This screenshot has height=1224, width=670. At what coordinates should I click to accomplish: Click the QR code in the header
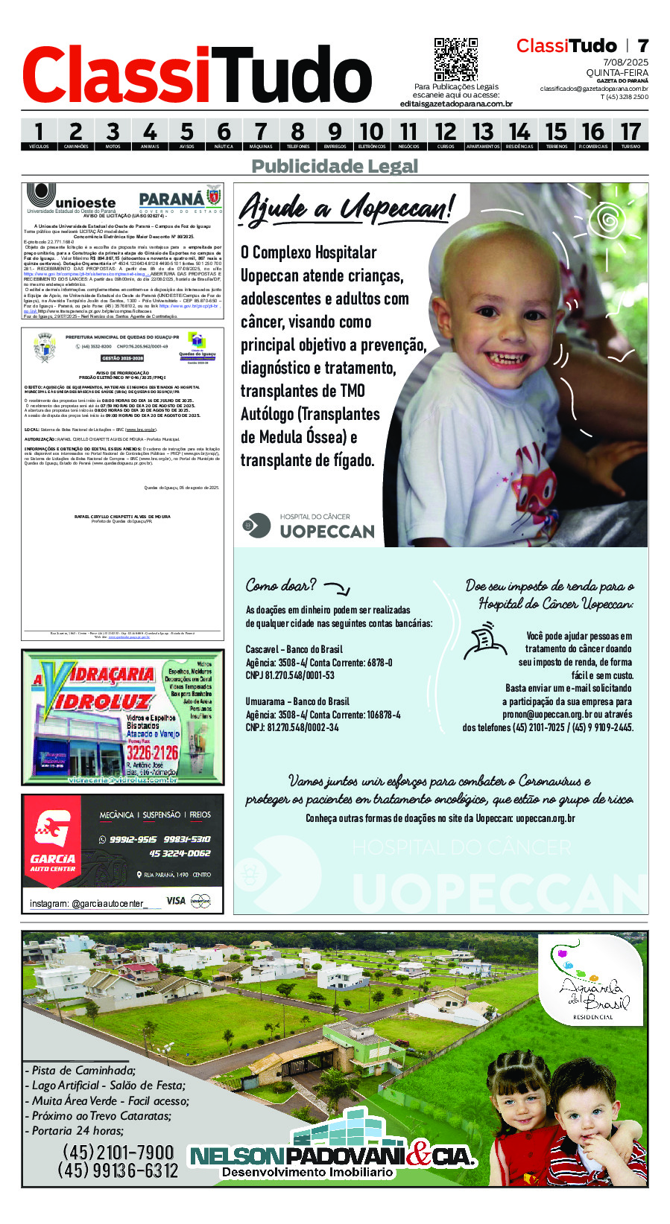click(x=455, y=59)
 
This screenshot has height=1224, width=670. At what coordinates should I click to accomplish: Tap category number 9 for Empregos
click(x=335, y=133)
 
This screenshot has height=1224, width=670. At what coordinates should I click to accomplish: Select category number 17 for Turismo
click(x=631, y=133)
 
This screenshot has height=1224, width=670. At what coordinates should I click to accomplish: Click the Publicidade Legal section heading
click(x=335, y=166)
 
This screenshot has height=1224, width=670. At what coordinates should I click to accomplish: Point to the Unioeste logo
click(x=72, y=199)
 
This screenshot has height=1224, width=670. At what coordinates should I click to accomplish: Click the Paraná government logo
click(x=180, y=200)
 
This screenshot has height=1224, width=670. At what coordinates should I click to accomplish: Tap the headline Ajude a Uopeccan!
click(x=346, y=208)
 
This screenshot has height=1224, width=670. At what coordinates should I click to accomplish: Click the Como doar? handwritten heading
click(x=281, y=585)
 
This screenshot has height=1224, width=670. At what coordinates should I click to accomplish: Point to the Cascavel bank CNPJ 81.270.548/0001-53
click(x=290, y=675)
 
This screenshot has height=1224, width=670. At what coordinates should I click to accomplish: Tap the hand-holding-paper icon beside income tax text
click(x=484, y=643)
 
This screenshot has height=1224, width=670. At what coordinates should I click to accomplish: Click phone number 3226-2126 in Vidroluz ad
click(x=152, y=753)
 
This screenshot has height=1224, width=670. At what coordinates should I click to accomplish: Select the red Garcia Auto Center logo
click(x=52, y=844)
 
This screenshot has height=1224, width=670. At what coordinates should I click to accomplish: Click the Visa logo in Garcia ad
click(x=176, y=900)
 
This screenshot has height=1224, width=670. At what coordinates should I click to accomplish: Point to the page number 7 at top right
click(x=642, y=45)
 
